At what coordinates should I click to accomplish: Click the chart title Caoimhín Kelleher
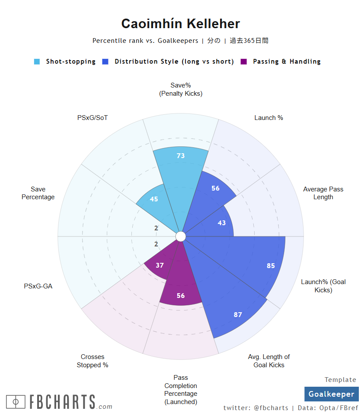point(180,23)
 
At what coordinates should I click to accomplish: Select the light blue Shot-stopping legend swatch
point(37,61)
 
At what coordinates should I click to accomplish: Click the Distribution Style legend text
point(174,61)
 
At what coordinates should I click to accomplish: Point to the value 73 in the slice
point(181,156)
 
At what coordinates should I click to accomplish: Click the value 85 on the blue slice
point(271,266)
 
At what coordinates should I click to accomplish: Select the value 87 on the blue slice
point(238,315)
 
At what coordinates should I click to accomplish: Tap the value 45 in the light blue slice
point(153,199)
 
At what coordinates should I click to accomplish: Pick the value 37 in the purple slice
point(160,265)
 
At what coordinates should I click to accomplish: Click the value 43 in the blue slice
point(221,223)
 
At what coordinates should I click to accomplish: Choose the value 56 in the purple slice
point(181,296)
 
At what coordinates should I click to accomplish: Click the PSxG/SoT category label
point(93,117)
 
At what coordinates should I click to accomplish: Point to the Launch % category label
point(268,117)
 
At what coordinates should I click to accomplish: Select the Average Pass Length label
point(323,193)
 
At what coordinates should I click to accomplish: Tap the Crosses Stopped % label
point(93,361)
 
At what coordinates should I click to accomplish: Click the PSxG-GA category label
point(38,286)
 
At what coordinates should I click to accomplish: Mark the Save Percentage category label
point(38,193)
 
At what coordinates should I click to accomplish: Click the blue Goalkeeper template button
point(331,394)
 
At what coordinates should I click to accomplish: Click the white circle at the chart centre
point(181,236)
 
